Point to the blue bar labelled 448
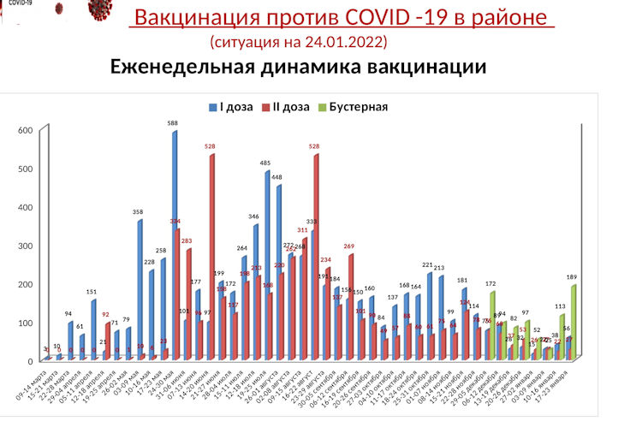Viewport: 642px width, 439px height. click(x=279, y=270)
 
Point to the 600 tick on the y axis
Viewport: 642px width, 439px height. click(x=26, y=130)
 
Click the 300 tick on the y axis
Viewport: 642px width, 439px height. click(x=26, y=246)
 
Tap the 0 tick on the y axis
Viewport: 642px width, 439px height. click(x=30, y=361)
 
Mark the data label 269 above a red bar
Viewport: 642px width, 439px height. click(x=348, y=246)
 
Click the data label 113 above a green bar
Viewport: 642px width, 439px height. click(x=561, y=306)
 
